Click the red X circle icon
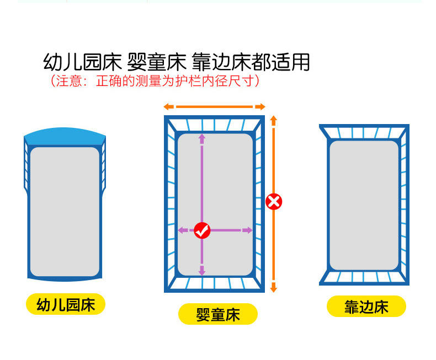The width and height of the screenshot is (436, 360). tap(274, 201)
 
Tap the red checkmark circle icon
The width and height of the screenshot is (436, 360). tap(202, 230)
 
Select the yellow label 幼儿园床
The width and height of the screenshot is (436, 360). tap(66, 304)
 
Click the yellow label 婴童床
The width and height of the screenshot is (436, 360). tap(218, 314)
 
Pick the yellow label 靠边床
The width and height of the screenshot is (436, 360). tap(366, 307)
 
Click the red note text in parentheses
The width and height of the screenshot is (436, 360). tap(155, 82)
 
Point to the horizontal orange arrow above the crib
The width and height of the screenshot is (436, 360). tap(215, 106)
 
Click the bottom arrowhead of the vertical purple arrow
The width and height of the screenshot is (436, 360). tap(202, 271)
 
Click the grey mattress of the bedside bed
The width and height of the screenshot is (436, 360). tap(364, 205)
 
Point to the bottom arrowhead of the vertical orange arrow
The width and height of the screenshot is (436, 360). tap(274, 289)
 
